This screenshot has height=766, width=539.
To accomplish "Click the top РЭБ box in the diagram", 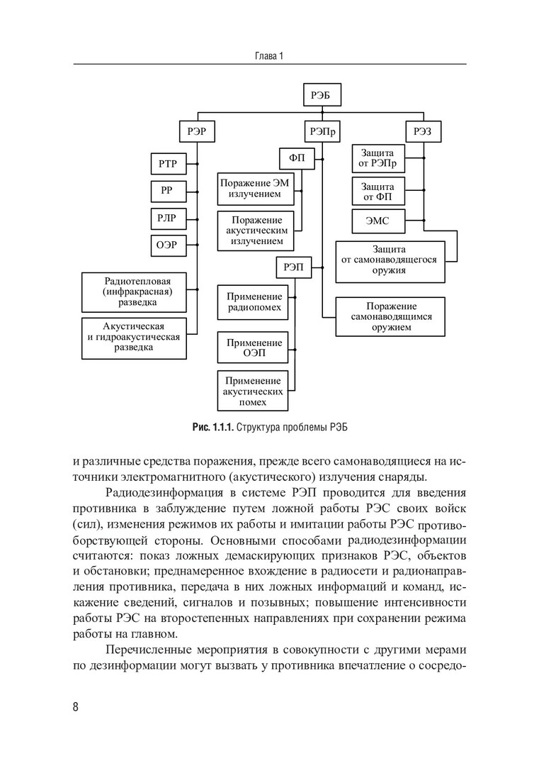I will coord(322,94).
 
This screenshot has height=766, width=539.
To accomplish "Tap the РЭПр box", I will coord(322,131).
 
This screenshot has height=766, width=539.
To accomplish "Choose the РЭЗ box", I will coord(423,131).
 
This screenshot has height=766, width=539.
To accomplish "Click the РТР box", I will coord(168,165).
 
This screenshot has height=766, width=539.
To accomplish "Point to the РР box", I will coord(168,191).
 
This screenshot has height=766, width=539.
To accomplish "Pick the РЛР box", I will coord(168,218).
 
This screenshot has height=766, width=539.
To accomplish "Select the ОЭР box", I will coord(168,245).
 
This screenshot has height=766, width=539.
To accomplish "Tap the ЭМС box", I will coord(380,221).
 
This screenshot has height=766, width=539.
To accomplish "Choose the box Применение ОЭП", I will coord(254,348).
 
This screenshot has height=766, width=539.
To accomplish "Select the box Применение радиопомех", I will coord(254,302).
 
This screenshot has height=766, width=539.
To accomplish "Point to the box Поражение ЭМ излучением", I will coord(254,188).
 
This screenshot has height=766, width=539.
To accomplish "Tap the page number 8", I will coord(76,708).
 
